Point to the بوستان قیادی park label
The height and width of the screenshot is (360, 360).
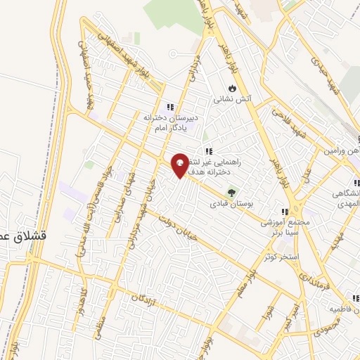229,205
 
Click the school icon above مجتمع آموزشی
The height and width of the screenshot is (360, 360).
285,211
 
